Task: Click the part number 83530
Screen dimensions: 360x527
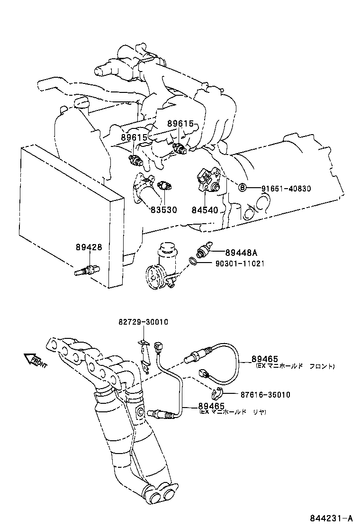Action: (x=163, y=210)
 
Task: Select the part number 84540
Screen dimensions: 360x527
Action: (x=205, y=210)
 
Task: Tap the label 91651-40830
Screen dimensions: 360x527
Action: (x=286, y=189)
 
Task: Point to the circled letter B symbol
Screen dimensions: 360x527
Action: (x=243, y=188)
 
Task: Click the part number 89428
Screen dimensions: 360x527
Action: (x=89, y=247)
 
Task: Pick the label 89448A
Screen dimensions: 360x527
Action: (x=241, y=253)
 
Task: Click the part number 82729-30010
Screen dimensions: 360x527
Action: (x=144, y=322)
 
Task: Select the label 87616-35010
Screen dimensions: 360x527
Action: (x=265, y=395)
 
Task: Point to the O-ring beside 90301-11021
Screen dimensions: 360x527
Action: (x=193, y=261)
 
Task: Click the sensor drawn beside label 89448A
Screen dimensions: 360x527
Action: (x=204, y=249)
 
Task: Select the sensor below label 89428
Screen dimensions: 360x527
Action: (x=87, y=270)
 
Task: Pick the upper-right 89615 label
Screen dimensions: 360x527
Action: (x=180, y=124)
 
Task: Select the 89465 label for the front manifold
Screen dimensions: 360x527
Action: (x=265, y=360)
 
